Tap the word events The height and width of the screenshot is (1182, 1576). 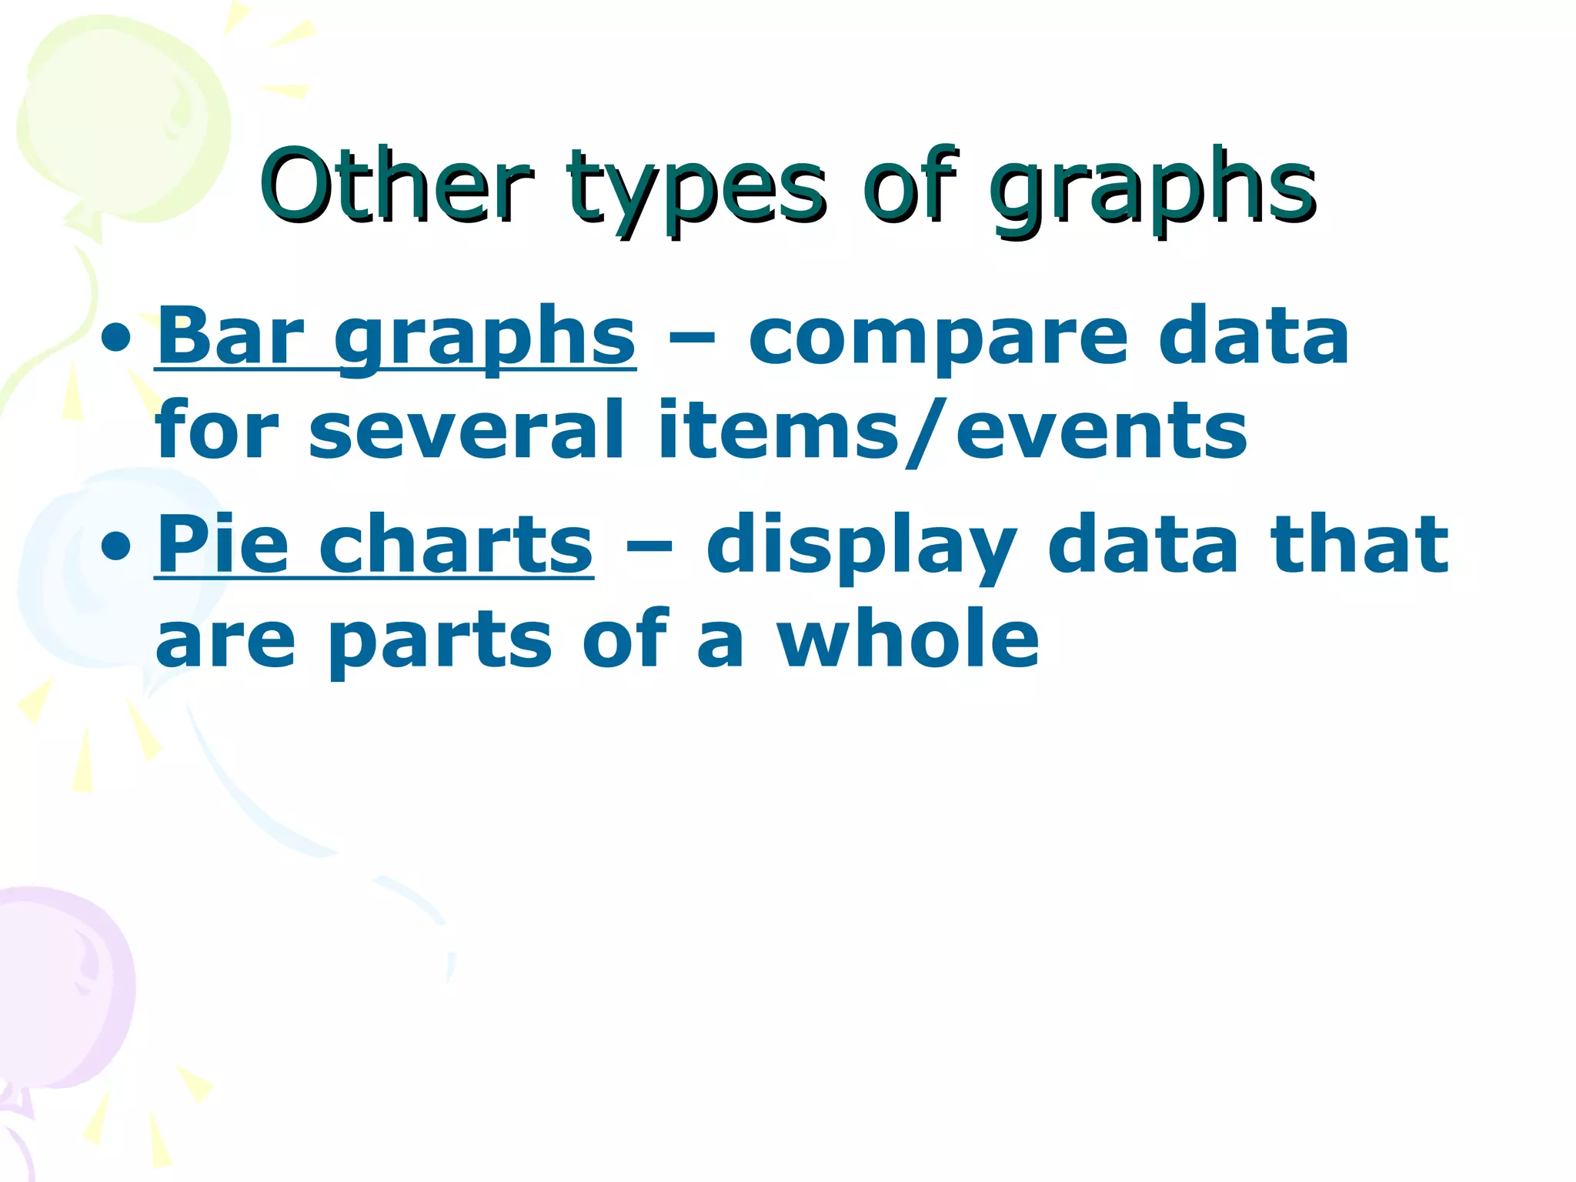click(x=1100, y=431)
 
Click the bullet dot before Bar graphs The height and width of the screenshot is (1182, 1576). click(x=115, y=339)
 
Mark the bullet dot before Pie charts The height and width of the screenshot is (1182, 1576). click(x=115, y=546)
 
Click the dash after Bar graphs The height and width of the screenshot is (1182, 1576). click(x=692, y=339)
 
